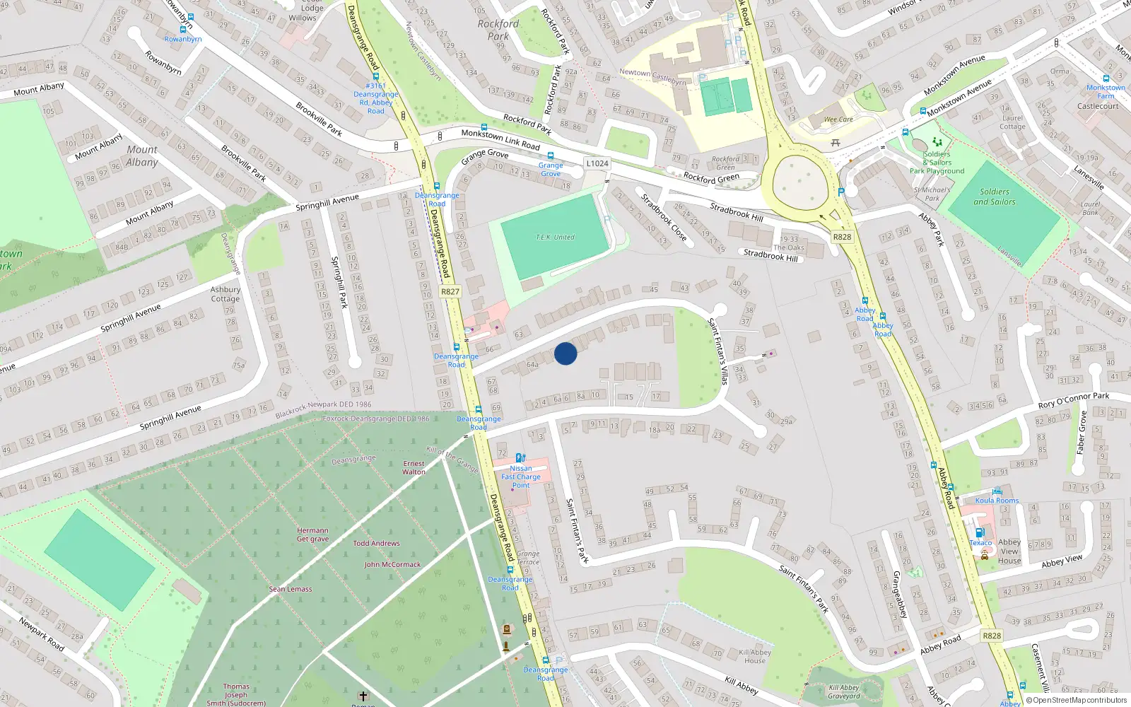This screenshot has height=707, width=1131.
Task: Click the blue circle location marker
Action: [x=565, y=353]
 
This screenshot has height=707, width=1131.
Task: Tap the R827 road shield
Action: [x=450, y=291]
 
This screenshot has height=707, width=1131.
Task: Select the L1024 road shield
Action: [x=597, y=163]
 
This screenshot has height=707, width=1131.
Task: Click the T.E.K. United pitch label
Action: [x=555, y=237]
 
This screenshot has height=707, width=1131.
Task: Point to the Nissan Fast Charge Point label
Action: [x=521, y=477]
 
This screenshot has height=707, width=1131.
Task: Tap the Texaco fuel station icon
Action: [x=980, y=532]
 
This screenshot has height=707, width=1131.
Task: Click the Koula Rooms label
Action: [x=997, y=501]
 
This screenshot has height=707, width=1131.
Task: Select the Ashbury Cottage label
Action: [x=225, y=294]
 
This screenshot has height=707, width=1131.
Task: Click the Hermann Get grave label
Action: [x=312, y=534]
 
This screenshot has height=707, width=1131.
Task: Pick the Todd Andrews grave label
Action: [x=376, y=544]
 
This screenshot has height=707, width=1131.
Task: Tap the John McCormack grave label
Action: [x=392, y=565]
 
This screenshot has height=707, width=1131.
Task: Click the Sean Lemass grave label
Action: [x=290, y=589]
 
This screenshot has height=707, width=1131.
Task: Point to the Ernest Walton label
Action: [x=414, y=468]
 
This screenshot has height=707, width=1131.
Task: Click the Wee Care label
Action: [x=838, y=119]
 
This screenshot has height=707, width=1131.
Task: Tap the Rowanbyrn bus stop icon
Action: [x=183, y=30]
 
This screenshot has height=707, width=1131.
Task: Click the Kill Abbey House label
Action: [x=755, y=657]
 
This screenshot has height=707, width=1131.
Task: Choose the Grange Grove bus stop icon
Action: [x=551, y=156]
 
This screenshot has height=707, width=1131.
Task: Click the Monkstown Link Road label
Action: [x=500, y=139]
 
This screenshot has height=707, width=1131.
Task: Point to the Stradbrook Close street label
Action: [x=664, y=217]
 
